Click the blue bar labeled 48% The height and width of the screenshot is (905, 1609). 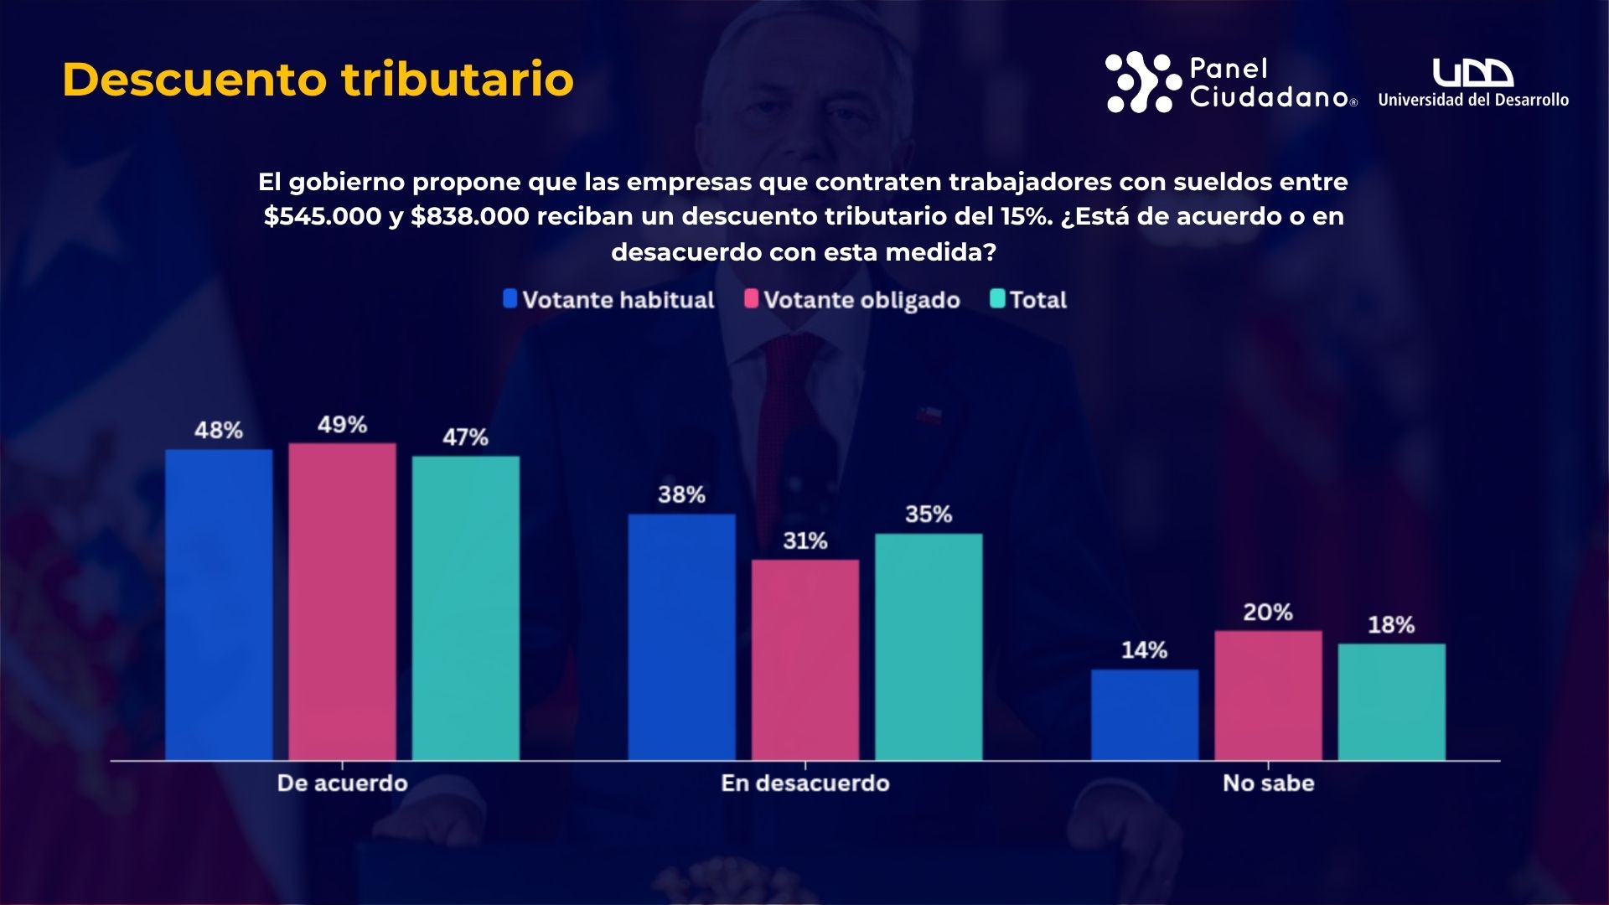(219, 604)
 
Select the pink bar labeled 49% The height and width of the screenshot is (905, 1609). (342, 601)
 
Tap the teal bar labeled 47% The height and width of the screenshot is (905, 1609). (466, 608)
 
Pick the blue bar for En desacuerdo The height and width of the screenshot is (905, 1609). (681, 637)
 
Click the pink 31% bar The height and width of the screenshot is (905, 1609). (805, 659)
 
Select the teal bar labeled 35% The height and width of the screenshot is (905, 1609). (929, 646)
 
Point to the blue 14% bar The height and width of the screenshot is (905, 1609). (1145, 714)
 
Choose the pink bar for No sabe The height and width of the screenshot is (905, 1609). (1268, 695)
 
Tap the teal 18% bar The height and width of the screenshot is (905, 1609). (1391, 701)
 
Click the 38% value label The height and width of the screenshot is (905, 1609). (681, 494)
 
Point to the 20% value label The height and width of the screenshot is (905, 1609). (1268, 613)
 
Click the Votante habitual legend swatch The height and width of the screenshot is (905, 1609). (510, 299)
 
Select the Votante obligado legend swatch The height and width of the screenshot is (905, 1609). (751, 299)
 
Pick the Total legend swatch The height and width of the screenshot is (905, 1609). (997, 299)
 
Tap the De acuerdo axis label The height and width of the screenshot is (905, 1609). (342, 783)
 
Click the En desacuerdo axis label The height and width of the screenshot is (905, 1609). (805, 783)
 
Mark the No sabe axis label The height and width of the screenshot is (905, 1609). (1268, 783)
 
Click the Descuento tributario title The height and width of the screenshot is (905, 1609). (318, 80)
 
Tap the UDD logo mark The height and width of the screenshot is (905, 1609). (1472, 73)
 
